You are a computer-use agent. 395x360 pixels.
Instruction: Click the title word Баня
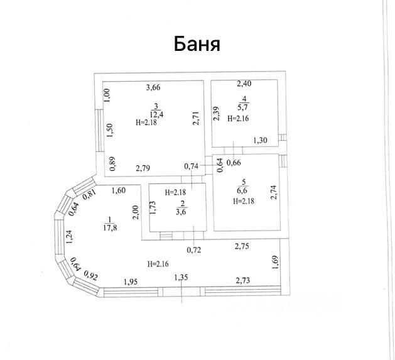point(197,45)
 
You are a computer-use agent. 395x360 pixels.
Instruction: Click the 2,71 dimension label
point(196,118)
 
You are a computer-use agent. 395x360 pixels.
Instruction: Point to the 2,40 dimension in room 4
point(244,84)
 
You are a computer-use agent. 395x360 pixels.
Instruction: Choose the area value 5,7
point(244,107)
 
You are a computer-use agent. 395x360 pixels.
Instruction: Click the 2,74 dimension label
point(274,192)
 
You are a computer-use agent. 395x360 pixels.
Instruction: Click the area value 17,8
point(109,228)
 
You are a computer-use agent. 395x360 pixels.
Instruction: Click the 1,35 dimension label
point(180,277)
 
